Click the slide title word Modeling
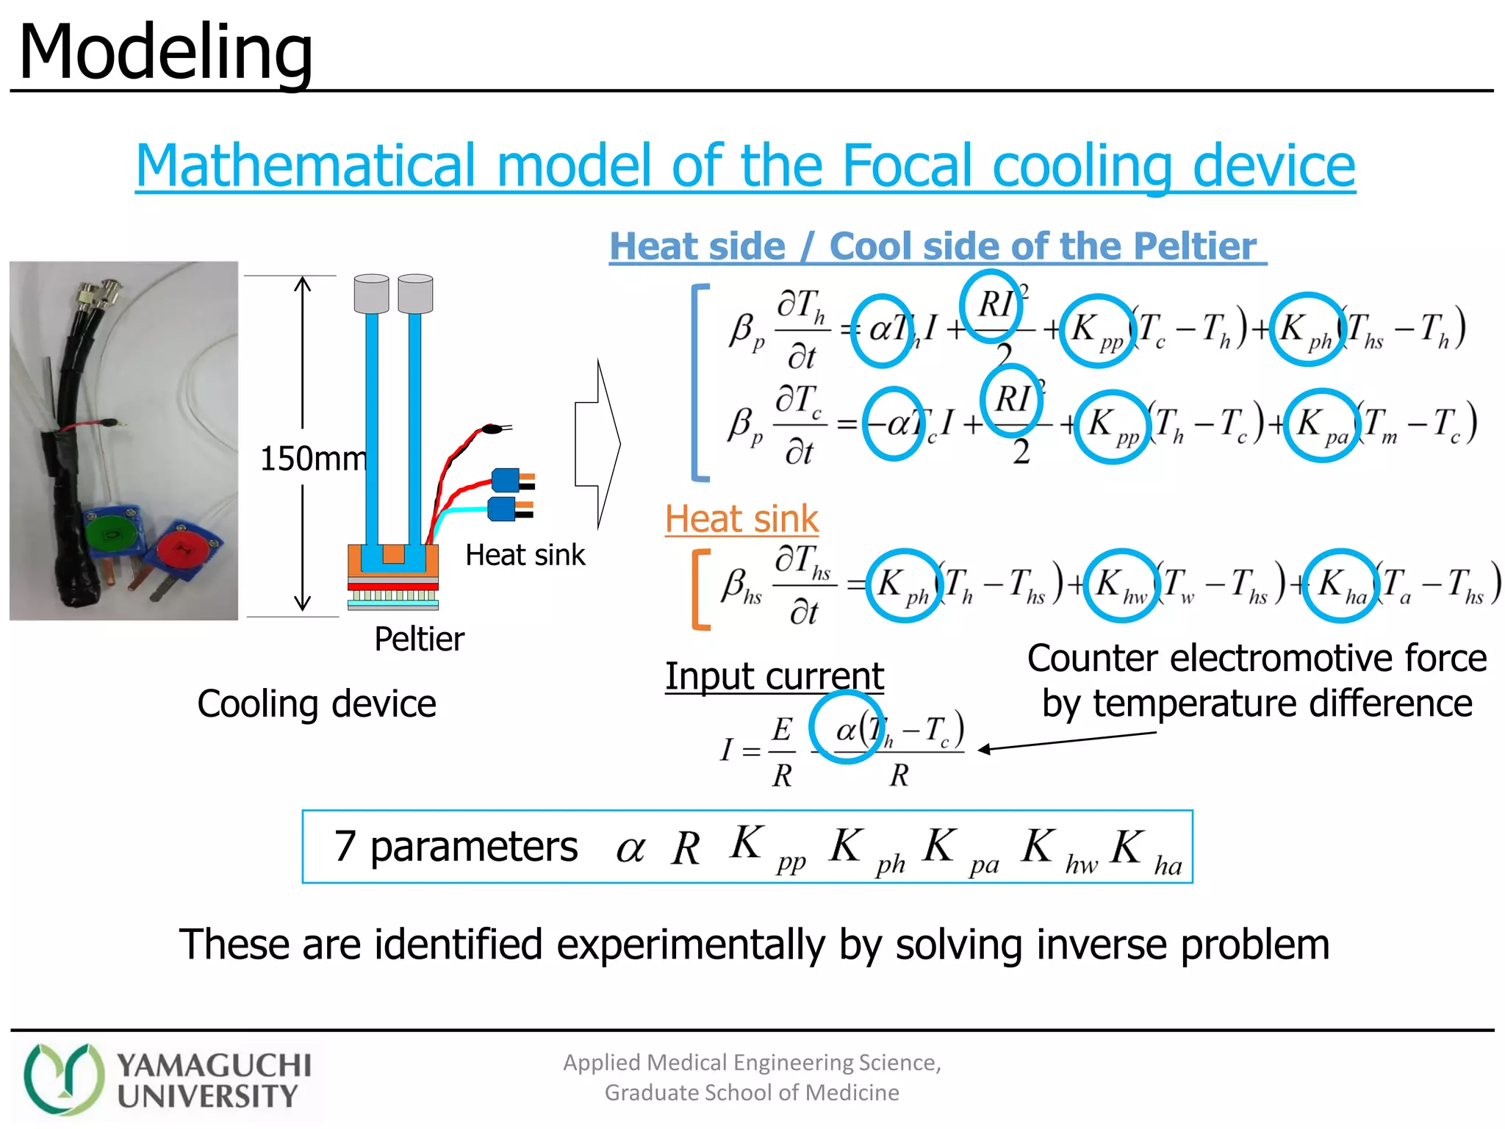[x=165, y=53]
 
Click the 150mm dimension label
[x=313, y=459]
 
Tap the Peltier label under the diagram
[x=419, y=639]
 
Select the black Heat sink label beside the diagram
[x=525, y=555]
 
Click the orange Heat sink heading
[x=741, y=519]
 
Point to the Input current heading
[x=774, y=675]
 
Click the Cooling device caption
[x=316, y=703]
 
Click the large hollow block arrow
[x=598, y=444]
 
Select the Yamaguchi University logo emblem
[x=62, y=1078]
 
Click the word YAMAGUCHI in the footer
[x=214, y=1065]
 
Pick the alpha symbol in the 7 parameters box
[x=630, y=849]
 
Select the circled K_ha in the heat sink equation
[x=1340, y=585]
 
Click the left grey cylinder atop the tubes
[x=371, y=293]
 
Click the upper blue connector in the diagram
[x=507, y=480]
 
